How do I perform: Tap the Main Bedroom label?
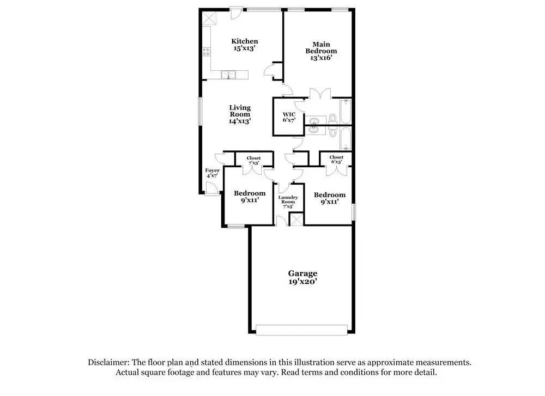pos(320,51)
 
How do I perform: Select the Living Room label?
pos(239,114)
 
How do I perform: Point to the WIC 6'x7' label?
pos(288,117)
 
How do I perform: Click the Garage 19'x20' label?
pos(302,277)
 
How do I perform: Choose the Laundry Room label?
pos(288,202)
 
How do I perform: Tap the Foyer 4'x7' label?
pos(212,173)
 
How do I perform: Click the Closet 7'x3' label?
pos(253,160)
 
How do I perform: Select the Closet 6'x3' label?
pos(336,160)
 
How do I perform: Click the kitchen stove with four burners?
pos(206,52)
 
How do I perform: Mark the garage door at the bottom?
pos(301,330)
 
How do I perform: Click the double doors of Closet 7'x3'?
pos(253,170)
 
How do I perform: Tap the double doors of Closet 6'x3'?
pos(336,169)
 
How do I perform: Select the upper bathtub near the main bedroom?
pos(345,112)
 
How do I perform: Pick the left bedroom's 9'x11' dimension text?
pos(250,200)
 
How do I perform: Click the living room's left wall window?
pos(199,114)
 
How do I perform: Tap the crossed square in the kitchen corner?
pos(208,19)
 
